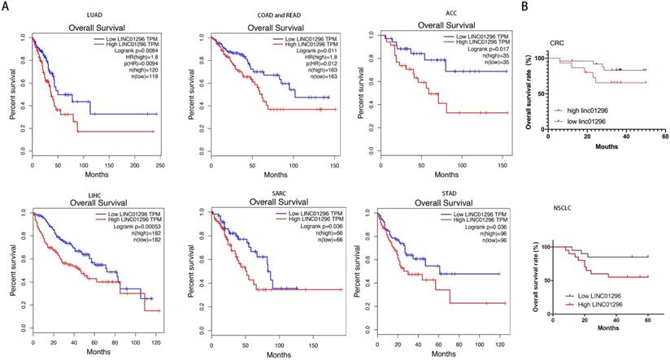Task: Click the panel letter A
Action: pyautogui.click(x=6, y=7)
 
